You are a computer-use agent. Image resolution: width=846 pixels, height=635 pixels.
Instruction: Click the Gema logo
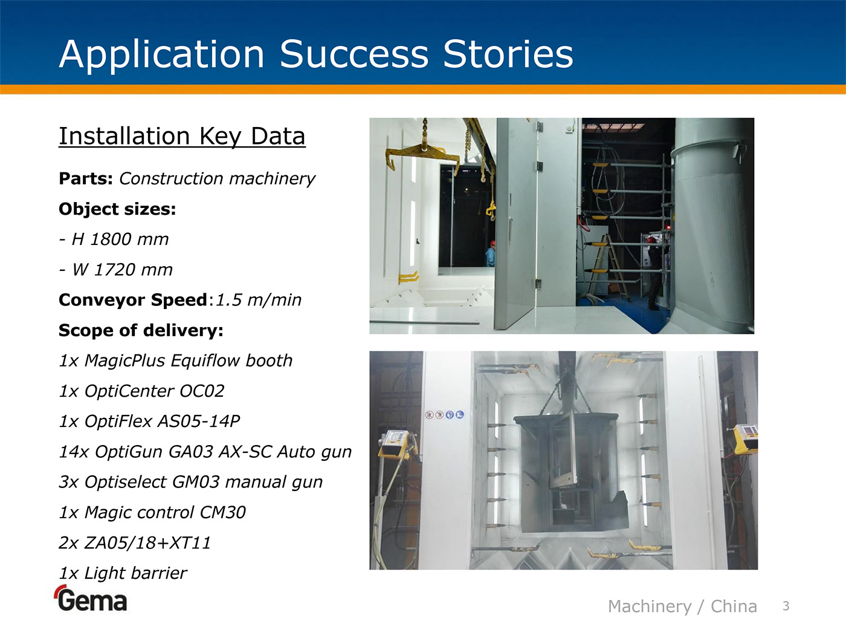point(91,598)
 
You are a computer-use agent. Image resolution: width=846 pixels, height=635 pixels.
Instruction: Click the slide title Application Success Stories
point(316,54)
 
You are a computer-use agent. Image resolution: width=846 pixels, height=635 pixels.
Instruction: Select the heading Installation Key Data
point(182,136)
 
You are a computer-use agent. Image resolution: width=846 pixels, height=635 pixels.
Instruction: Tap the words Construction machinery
point(217,178)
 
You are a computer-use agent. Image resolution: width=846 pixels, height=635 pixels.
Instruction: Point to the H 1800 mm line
point(114,239)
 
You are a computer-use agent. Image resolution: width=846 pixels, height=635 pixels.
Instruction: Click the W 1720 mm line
point(115,270)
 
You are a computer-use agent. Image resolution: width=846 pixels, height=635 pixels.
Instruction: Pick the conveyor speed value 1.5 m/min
point(258,299)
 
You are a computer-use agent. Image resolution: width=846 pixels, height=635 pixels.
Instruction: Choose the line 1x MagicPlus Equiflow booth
point(176,361)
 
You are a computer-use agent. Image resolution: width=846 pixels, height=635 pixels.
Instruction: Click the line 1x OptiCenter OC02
point(141,391)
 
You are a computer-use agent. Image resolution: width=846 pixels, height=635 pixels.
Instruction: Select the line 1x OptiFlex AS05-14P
point(149,421)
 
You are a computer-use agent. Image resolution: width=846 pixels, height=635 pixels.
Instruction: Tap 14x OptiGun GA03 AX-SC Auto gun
point(205,452)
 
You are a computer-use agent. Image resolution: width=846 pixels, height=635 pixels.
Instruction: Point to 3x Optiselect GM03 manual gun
point(191,482)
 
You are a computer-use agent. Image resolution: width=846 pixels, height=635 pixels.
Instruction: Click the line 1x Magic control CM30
point(152,512)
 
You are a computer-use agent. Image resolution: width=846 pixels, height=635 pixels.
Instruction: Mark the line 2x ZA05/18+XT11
point(135,543)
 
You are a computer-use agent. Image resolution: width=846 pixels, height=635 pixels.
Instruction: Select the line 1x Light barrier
point(123,573)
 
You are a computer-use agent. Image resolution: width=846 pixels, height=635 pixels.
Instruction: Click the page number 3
point(786,606)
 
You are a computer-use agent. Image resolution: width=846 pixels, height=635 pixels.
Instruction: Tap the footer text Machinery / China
point(683,607)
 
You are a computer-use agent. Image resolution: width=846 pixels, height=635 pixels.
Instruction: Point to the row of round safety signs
point(444,414)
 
